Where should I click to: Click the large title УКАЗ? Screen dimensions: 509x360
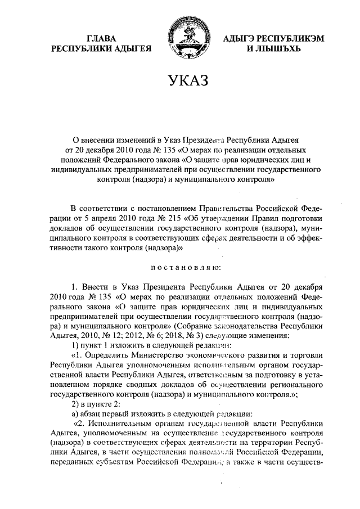coord(180,82)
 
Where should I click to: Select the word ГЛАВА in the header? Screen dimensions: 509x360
coord(102,38)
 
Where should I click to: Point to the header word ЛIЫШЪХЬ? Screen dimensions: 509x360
coord(272,49)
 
